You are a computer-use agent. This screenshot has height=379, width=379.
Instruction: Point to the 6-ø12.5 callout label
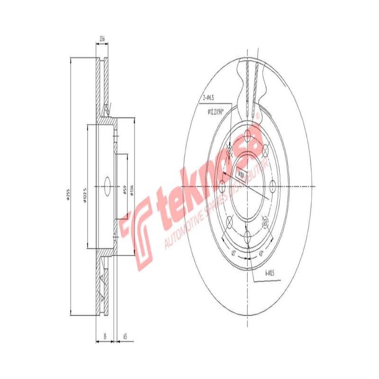[270, 274]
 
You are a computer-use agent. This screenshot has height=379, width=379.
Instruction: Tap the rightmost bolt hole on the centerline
[272, 187]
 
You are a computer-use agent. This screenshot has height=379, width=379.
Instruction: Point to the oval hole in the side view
[106, 186]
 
